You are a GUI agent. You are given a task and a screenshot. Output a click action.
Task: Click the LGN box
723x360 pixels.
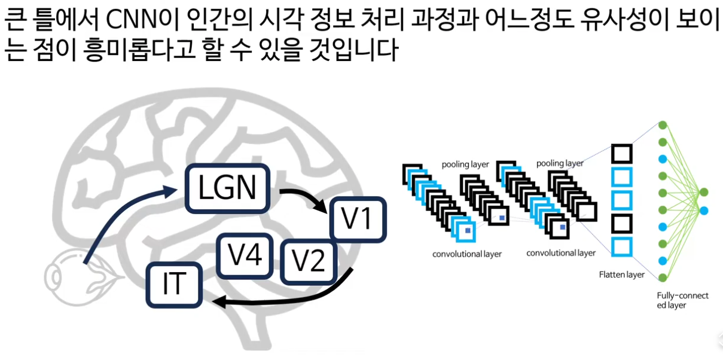(228, 188)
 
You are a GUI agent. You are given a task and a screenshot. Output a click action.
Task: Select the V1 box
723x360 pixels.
(358, 219)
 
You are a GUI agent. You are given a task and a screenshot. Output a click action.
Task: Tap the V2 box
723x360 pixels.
(309, 261)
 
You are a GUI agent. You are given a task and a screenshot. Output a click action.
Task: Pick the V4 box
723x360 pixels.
(245, 256)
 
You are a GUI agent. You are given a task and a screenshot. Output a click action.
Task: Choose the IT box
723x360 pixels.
(174, 285)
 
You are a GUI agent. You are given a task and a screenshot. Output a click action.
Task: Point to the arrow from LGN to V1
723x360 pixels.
(307, 196)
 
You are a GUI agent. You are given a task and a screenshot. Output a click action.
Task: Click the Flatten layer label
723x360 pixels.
(622, 274)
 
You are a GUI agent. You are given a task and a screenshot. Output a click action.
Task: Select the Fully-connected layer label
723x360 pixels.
(682, 300)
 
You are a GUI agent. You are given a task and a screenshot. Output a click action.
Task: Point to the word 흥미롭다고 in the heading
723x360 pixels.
(139, 50)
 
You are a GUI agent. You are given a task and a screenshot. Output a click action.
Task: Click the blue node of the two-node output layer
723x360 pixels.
(704, 211)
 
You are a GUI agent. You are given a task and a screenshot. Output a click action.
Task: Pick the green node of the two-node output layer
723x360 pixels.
(704, 192)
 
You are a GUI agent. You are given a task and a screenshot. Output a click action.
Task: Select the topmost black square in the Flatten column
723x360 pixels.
(622, 154)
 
